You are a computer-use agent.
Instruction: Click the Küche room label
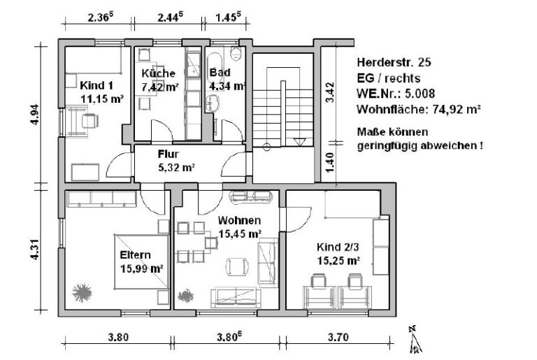coord(157,73)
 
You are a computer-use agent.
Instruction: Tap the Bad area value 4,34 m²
coord(228,86)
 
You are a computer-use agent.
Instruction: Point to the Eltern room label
coord(135,255)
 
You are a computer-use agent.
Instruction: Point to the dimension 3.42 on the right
coord(331,92)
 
